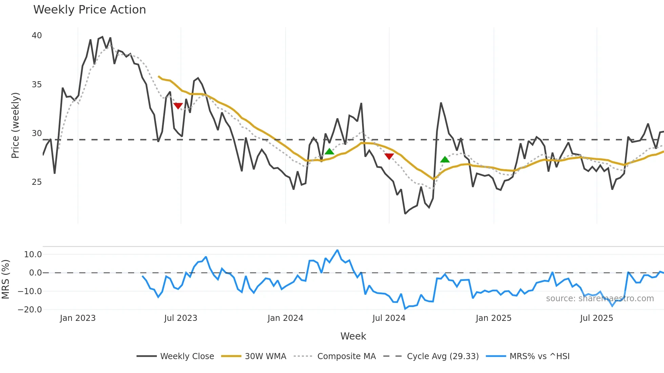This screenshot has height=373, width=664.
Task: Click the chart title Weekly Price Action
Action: click(89, 10)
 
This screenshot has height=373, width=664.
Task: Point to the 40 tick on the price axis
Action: click(37, 36)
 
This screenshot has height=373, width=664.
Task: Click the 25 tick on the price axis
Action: click(37, 182)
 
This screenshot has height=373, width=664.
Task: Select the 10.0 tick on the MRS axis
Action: click(33, 255)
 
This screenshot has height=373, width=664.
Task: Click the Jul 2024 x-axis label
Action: click(389, 318)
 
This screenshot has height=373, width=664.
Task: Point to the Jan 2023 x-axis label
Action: click(78, 318)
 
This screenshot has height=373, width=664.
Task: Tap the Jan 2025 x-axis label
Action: click(493, 318)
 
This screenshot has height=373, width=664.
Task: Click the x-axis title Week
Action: click(353, 336)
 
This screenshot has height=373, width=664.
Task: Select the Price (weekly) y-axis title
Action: click(15, 125)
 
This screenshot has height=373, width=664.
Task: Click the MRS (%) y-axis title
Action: click(5, 279)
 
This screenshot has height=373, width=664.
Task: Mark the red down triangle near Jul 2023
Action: click(178, 106)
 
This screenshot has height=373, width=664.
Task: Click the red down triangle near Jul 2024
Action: click(389, 156)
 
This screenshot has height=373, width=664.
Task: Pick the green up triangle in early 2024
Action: click(329, 151)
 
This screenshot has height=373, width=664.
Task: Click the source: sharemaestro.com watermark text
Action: click(600, 299)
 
